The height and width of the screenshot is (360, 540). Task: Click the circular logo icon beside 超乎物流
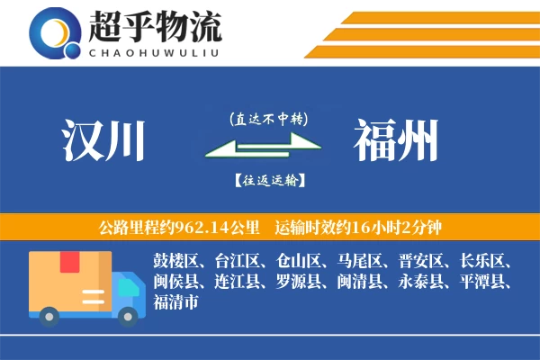(x=55, y=32)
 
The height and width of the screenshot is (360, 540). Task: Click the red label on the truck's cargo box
(x=69, y=262)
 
